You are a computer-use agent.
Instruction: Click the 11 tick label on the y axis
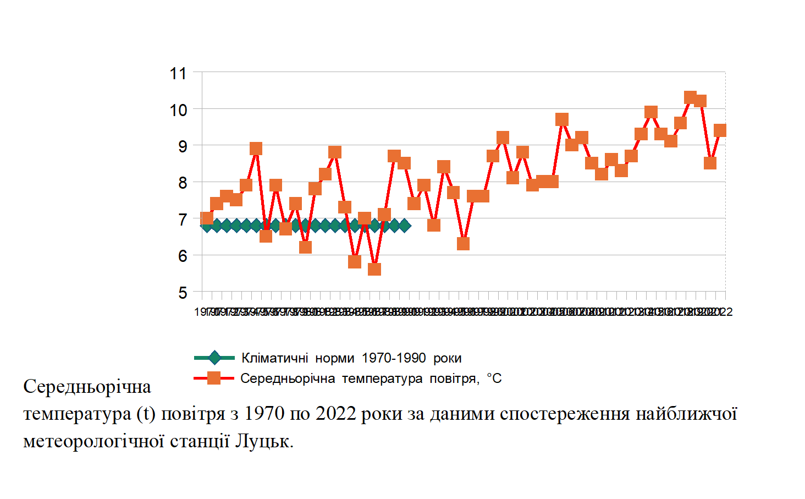(178, 73)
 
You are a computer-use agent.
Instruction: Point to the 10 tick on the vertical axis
(178, 110)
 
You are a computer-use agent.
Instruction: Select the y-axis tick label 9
(183, 146)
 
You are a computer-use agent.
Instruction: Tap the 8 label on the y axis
(183, 183)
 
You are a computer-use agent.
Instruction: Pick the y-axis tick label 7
(183, 220)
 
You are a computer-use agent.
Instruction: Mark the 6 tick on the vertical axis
(183, 256)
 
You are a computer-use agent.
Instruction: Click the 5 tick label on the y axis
(183, 293)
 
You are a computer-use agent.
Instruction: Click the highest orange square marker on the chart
(691, 97)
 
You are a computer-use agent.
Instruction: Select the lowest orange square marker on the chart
(374, 269)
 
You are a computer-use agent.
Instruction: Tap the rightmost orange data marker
(720, 130)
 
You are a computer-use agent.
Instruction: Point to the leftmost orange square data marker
(207, 218)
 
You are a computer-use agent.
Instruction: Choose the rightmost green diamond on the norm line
(405, 225)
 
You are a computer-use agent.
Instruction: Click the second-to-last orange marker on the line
(710, 163)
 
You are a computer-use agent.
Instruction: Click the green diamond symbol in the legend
(214, 358)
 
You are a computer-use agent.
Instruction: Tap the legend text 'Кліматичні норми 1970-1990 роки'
(351, 358)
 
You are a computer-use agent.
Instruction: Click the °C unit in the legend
(494, 379)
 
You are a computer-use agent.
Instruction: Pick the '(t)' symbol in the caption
(146, 414)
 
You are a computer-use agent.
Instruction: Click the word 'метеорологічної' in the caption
(94, 441)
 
